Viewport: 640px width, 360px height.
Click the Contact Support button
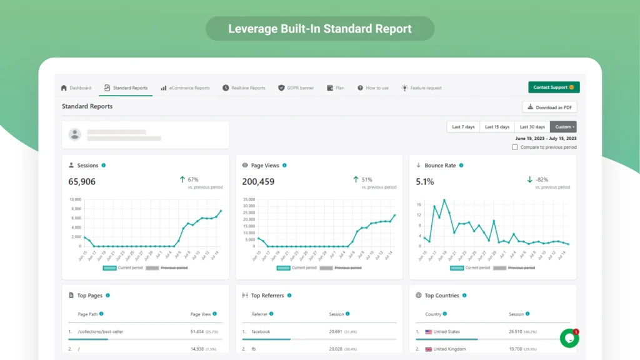pyautogui.click(x=554, y=87)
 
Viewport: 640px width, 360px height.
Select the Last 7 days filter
pyautogui.click(x=463, y=127)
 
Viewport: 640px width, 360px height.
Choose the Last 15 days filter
pyautogui.click(x=497, y=127)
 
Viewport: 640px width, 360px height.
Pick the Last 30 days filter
pyautogui.click(x=532, y=127)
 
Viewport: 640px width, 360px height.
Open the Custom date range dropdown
pyautogui.click(x=563, y=127)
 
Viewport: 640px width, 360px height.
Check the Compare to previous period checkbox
pyautogui.click(x=515, y=147)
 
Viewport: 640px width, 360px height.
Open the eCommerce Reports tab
pyautogui.click(x=185, y=88)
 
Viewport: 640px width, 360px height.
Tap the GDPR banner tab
pyautogui.click(x=296, y=88)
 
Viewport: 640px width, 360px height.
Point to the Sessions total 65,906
pyautogui.click(x=82, y=182)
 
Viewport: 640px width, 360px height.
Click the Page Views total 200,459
pyautogui.click(x=258, y=182)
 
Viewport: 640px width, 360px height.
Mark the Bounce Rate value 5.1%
pyautogui.click(x=425, y=182)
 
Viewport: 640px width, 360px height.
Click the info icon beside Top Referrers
pyautogui.click(x=289, y=296)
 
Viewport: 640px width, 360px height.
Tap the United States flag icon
pyautogui.click(x=428, y=332)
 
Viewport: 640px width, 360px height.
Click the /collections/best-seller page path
pyautogui.click(x=100, y=332)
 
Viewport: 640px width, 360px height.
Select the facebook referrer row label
pyautogui.click(x=261, y=332)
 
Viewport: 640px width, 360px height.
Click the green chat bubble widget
pyautogui.click(x=569, y=338)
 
